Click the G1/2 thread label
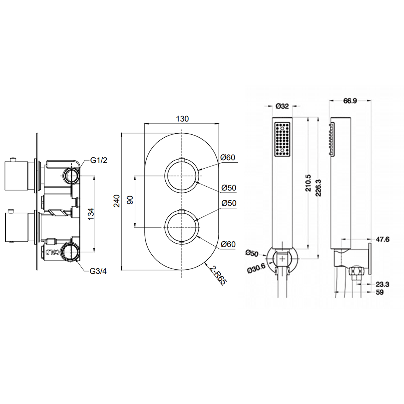[x=99, y=160]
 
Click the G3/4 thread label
[x=98, y=271]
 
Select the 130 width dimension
[x=182, y=119]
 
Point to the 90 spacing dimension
[x=130, y=200]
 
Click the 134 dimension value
[x=91, y=214]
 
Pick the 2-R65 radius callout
[x=218, y=275]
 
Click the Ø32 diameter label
[x=282, y=106]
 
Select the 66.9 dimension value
[x=350, y=101]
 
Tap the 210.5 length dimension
[x=308, y=183]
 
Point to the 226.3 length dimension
[x=318, y=188]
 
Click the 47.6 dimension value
[x=383, y=239]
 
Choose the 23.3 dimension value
[x=382, y=284]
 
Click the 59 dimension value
[x=379, y=292]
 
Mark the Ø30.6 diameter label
[x=256, y=269]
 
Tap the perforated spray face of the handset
[x=282, y=139]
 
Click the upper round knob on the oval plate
[x=182, y=176]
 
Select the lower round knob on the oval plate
[x=182, y=227]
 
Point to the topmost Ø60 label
[x=228, y=157]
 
